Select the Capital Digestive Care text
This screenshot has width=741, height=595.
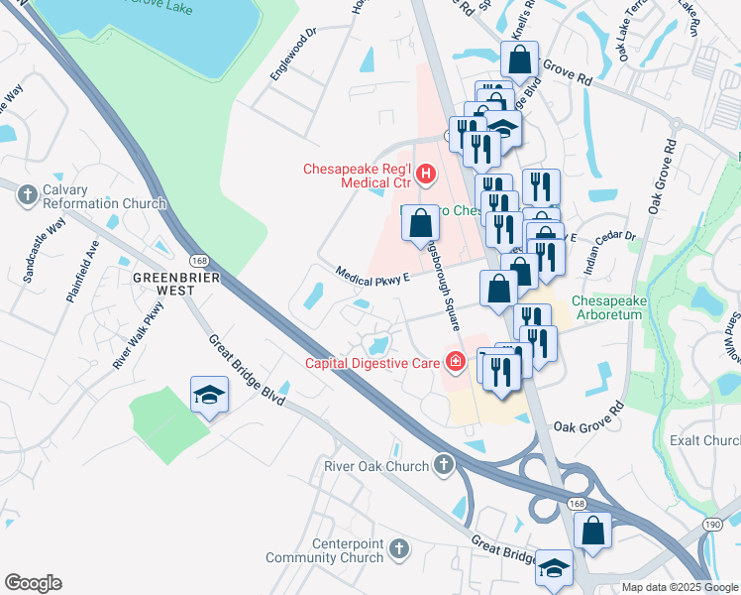click(371, 364)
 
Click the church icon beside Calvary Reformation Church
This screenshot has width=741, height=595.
click(27, 195)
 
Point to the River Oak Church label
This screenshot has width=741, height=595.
click(376, 466)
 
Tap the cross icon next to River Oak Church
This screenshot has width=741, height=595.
click(443, 465)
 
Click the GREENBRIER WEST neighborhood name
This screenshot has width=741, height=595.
click(174, 285)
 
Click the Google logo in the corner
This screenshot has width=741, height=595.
click(33, 583)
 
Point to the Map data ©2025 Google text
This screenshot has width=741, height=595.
click(679, 587)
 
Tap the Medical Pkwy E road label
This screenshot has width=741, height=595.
click(371, 276)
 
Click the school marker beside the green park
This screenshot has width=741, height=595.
click(209, 396)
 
